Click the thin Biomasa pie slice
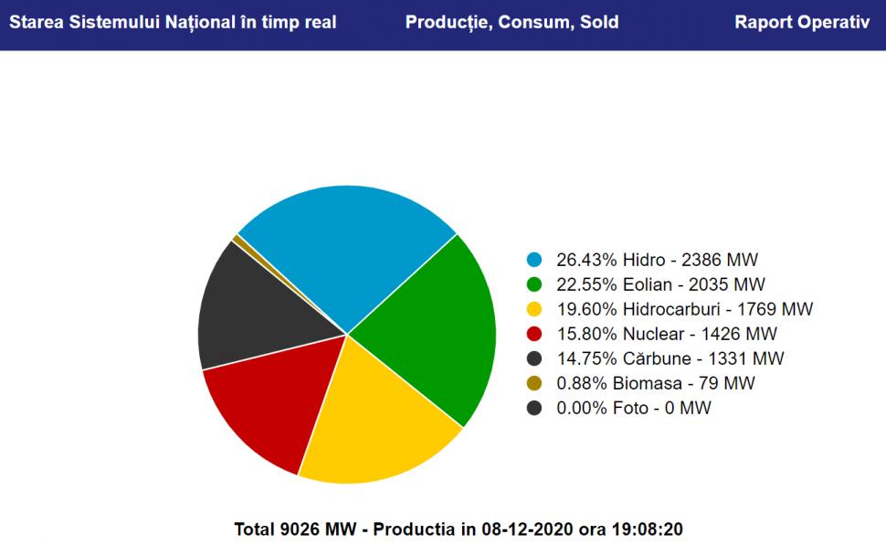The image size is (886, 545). [x=238, y=240]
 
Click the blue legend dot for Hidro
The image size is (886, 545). [x=534, y=260]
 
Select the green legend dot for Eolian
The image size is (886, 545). [x=534, y=284]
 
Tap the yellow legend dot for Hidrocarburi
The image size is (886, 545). [x=534, y=309]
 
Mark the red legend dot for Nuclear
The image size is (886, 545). [x=534, y=334]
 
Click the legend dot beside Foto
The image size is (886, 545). [x=534, y=408]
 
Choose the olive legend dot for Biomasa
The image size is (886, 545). [x=534, y=383]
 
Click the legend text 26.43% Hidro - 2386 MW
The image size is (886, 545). [x=657, y=260]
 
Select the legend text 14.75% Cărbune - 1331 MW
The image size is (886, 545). [x=670, y=358]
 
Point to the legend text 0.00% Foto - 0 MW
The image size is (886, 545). [x=633, y=408]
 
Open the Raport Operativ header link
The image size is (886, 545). [x=802, y=22]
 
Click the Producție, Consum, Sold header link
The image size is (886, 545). [x=512, y=22]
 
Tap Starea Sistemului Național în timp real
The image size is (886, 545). [x=173, y=22]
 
